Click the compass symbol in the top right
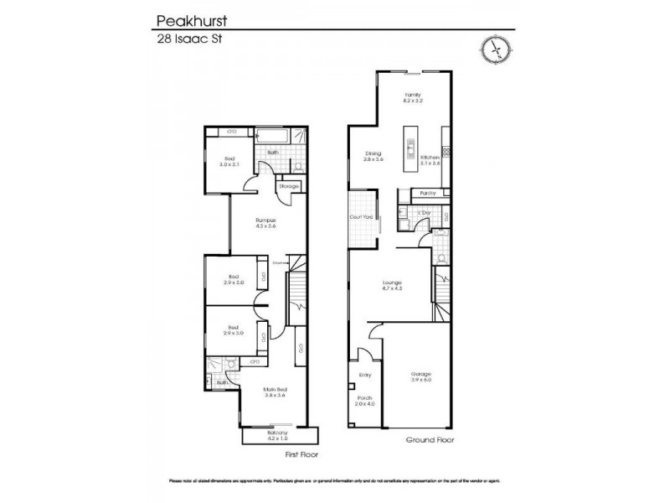pos(495,49)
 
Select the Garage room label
pos(421,376)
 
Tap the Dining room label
pos(374,154)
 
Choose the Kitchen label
pos(430,158)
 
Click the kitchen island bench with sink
pos(410,146)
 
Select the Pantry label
pos(427,193)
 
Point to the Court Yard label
pos(361,217)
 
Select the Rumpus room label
pos(265,222)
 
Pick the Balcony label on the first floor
pos(277,434)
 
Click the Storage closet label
pos(289,185)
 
